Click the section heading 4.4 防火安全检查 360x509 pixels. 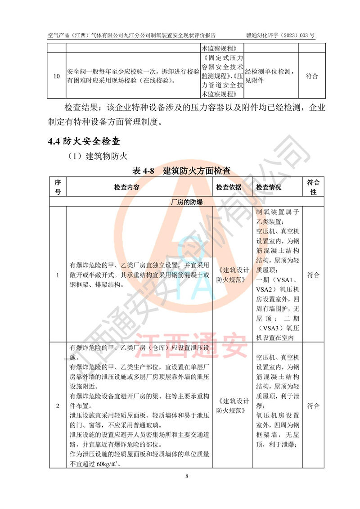pyautogui.click(x=84, y=141)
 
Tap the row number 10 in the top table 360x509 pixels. pyautogui.click(x=57, y=76)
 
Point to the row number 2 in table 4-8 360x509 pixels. pyautogui.click(x=57, y=406)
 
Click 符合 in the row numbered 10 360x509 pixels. pyautogui.click(x=312, y=76)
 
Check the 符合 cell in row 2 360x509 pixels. pyautogui.click(x=313, y=406)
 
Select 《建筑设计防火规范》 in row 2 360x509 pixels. pyautogui.click(x=233, y=406)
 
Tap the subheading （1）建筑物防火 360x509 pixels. pyautogui.click(x=98, y=156)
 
